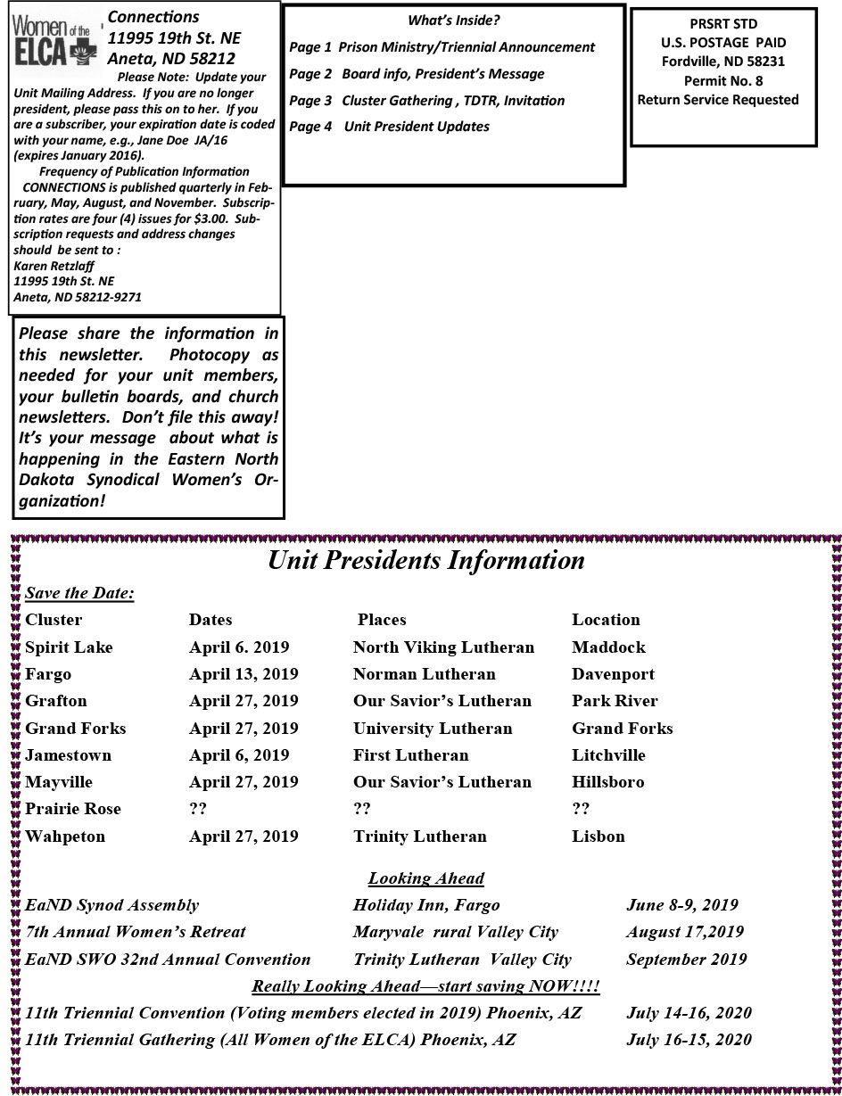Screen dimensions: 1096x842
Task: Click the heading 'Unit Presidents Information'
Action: pyautogui.click(x=426, y=560)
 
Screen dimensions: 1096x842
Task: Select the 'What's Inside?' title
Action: pyautogui.click(x=453, y=21)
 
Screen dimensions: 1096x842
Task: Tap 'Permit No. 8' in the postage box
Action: pyautogui.click(x=723, y=80)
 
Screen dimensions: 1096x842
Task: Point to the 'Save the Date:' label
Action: pyautogui.click(x=79, y=593)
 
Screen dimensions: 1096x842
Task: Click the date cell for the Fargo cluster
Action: pyautogui.click(x=244, y=674)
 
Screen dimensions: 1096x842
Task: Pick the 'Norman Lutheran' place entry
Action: pyautogui.click(x=424, y=674)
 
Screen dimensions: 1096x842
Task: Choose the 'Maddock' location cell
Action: pyautogui.click(x=608, y=647)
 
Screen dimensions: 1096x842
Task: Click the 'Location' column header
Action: pyautogui.click(x=606, y=620)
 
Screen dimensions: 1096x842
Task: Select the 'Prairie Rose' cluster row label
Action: pyautogui.click(x=73, y=809)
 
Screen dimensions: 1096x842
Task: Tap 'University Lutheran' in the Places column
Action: pyautogui.click(x=433, y=729)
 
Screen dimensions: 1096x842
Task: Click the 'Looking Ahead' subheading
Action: pyautogui.click(x=425, y=878)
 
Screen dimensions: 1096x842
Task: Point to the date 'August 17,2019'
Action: pyautogui.click(x=684, y=932)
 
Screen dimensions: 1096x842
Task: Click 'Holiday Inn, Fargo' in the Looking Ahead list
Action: pyautogui.click(x=426, y=905)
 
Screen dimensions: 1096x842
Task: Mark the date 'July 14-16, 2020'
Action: pyautogui.click(x=689, y=1013)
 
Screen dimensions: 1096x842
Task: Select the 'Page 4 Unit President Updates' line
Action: pyautogui.click(x=389, y=127)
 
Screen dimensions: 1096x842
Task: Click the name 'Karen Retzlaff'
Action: pyautogui.click(x=54, y=266)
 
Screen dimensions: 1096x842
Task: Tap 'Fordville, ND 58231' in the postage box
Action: pyautogui.click(x=723, y=62)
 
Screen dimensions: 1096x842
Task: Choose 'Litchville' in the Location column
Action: pyautogui.click(x=608, y=755)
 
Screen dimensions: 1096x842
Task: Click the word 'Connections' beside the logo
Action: pyautogui.click(x=153, y=17)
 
